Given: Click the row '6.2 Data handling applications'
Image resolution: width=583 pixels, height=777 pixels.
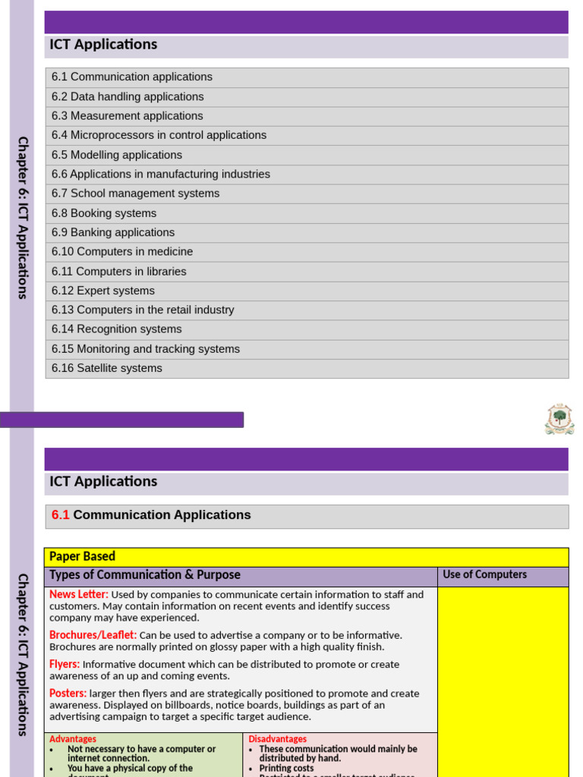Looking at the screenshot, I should coord(128,96).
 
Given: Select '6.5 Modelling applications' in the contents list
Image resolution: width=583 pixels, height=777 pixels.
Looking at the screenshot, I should coord(117,155).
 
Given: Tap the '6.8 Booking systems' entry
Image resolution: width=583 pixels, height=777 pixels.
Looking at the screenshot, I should coord(104,213).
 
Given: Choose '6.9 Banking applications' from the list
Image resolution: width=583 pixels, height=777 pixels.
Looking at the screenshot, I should coord(113,232).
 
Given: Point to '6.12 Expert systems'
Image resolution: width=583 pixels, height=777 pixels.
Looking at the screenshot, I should coord(103,291).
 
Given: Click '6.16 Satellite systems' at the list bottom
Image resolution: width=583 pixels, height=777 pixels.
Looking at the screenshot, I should coord(107,368).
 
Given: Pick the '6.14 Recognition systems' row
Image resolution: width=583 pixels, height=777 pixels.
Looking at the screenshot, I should coord(117,329).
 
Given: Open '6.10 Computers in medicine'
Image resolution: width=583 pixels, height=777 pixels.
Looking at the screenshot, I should coord(122,252).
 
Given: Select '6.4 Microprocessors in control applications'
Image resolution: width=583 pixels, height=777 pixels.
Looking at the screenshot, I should coord(159,135).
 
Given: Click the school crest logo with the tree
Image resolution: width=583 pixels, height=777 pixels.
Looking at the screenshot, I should coord(559,419).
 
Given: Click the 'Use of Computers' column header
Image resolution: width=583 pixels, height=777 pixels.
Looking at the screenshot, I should coord(484,575).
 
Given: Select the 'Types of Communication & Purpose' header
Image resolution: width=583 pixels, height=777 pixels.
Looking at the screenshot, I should coord(145,575).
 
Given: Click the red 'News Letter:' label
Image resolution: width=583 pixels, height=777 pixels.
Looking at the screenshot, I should coord(79,595).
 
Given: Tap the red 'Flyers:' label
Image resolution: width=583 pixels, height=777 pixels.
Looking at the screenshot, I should coord(65,664).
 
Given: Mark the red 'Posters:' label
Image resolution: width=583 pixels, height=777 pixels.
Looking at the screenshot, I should coord(68,694).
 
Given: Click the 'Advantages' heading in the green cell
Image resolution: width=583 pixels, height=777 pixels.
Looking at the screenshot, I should coord(73,739).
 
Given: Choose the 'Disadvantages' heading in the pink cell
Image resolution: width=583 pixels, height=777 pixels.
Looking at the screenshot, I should coord(278,739).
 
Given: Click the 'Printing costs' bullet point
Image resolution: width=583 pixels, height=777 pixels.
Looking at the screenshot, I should coord(286,768).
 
